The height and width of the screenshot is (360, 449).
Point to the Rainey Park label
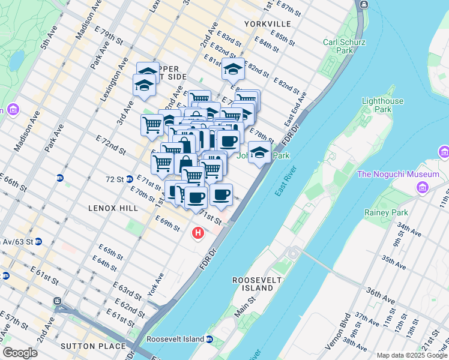tap(385, 212)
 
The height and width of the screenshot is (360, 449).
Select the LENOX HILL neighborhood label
tap(113, 208)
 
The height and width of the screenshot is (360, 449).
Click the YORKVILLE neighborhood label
tap(268, 24)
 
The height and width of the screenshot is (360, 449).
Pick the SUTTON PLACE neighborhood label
tap(93, 346)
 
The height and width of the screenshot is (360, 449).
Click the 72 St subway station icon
tap(60, 178)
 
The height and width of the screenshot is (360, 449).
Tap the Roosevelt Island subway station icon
tap(209, 339)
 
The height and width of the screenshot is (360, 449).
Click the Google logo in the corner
tap(20, 352)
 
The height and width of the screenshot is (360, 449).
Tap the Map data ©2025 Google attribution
tap(412, 355)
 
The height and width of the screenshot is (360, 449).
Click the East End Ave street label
tap(296, 108)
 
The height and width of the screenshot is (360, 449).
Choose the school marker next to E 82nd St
tap(233, 70)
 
